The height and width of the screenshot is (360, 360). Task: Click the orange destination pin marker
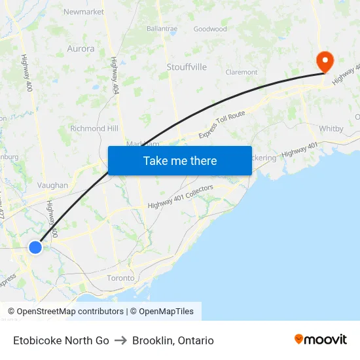click(325, 62)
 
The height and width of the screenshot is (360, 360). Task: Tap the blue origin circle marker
click(35, 247)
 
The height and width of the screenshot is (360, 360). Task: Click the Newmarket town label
click(84, 12)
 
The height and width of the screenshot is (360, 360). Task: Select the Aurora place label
click(81, 48)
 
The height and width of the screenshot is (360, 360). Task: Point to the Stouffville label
click(187, 67)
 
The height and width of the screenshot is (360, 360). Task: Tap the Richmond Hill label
click(94, 128)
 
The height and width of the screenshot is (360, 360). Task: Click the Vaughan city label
click(52, 185)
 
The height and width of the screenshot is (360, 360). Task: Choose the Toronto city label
click(120, 278)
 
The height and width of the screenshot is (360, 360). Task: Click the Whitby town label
click(332, 129)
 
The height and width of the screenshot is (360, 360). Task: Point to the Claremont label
click(241, 72)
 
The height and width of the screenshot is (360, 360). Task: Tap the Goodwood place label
click(210, 29)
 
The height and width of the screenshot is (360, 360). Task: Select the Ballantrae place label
click(162, 29)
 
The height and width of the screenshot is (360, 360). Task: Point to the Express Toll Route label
click(222, 124)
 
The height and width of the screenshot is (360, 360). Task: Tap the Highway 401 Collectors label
click(181, 197)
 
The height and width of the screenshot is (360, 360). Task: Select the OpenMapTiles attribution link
click(166, 312)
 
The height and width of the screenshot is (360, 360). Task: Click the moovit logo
click(321, 340)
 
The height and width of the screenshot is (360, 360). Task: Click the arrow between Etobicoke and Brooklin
click(120, 340)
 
